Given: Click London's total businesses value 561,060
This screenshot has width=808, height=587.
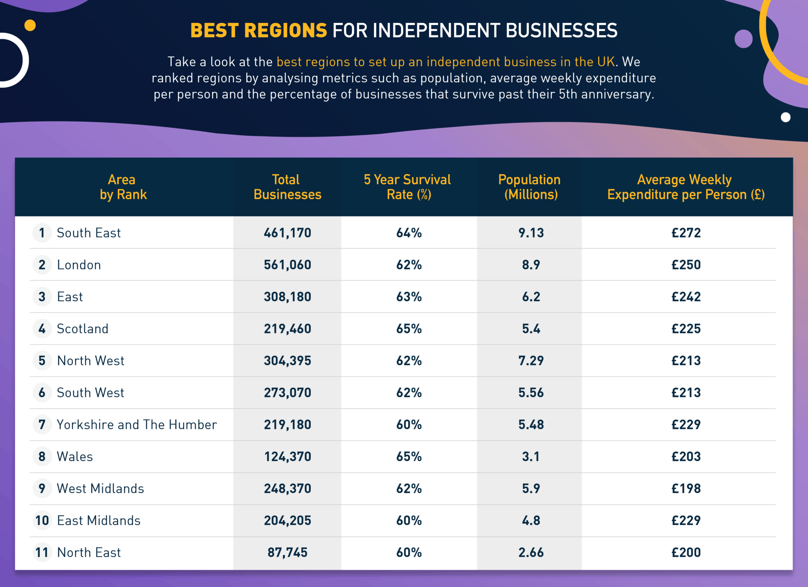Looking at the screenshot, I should click(x=287, y=265).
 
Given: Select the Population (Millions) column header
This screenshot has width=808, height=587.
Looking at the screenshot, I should click(x=529, y=187).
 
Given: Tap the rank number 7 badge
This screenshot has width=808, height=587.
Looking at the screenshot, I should click(x=42, y=425).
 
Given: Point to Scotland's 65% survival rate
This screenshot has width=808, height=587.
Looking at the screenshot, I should click(x=409, y=328).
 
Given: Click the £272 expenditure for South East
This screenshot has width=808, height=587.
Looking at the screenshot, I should click(x=686, y=233).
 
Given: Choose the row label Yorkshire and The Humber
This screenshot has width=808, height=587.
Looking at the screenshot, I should click(x=137, y=425).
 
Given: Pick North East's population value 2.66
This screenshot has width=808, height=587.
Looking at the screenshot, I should click(x=531, y=552).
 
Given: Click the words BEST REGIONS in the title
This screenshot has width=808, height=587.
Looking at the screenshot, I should click(x=258, y=30).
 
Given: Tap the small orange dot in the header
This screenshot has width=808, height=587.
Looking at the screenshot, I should click(x=30, y=25).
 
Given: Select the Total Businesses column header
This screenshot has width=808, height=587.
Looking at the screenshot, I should click(x=287, y=187).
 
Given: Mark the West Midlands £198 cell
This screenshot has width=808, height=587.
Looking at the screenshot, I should click(x=686, y=488).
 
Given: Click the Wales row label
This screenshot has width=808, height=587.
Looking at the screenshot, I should click(x=75, y=457).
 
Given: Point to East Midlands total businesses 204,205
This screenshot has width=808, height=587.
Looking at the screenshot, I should click(x=287, y=520).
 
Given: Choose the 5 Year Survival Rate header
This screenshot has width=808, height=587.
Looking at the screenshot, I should click(x=407, y=187).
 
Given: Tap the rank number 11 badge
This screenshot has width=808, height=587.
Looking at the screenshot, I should click(x=42, y=552).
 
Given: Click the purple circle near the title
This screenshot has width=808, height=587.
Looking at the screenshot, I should click(x=743, y=39).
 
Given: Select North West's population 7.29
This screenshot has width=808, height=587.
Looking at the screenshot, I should click(x=531, y=360).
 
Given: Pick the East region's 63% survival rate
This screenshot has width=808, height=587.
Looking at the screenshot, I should click(x=409, y=296).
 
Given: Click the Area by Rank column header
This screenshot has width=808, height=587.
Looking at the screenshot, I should click(x=122, y=187).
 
